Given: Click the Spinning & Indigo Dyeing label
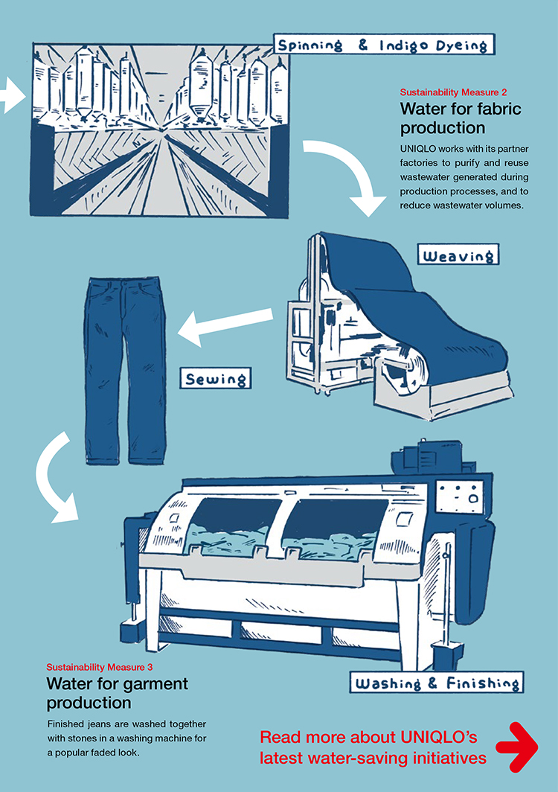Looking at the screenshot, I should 382,45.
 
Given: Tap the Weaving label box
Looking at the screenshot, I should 458,257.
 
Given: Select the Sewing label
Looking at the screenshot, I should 216,380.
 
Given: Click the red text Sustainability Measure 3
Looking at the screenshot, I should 100,667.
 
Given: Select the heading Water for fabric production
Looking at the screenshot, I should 461,118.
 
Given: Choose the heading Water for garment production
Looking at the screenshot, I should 117,692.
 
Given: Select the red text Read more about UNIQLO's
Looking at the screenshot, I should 368,738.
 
